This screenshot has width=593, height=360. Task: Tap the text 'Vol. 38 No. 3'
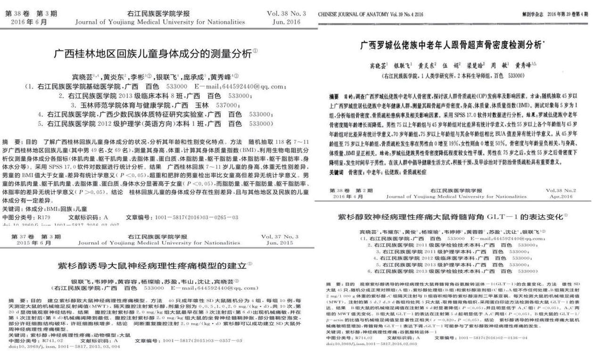pos(286,14)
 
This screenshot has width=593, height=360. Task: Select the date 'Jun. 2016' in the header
pos(286,22)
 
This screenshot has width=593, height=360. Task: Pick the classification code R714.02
pos(367,338)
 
